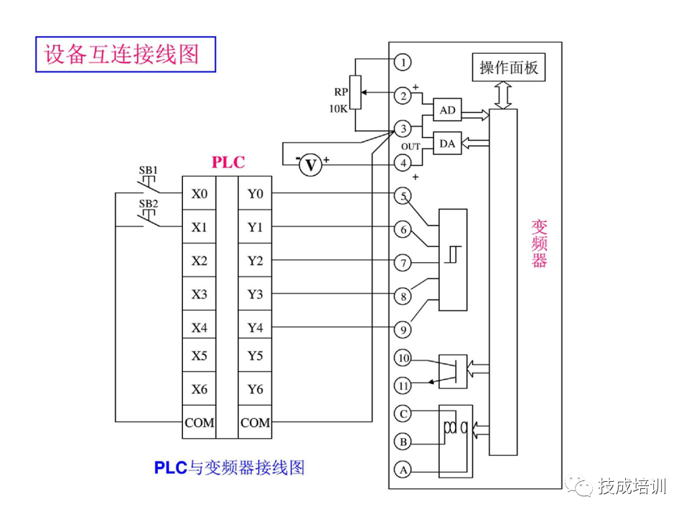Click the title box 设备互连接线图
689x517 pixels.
[126, 54]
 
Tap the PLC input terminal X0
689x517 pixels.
[199, 194]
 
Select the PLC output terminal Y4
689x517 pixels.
[255, 327]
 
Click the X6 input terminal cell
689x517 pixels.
[199, 389]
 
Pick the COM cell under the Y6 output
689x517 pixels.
[255, 423]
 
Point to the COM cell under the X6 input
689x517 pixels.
[199, 423]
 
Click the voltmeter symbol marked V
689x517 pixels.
[311, 165]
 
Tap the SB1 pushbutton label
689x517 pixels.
[148, 171]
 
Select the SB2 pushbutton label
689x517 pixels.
[148, 204]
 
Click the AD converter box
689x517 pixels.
[447, 111]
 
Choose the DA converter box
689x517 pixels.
[447, 144]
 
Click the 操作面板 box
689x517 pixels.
[508, 68]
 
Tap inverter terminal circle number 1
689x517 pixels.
[404, 62]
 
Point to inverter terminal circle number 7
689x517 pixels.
[404, 263]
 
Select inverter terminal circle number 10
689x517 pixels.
[404, 358]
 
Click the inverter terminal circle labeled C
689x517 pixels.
[404, 414]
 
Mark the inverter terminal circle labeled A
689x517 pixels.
[404, 470]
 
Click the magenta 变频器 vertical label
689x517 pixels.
[539, 243]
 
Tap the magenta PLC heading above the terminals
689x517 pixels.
[228, 162]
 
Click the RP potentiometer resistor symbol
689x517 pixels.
[355, 93]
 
